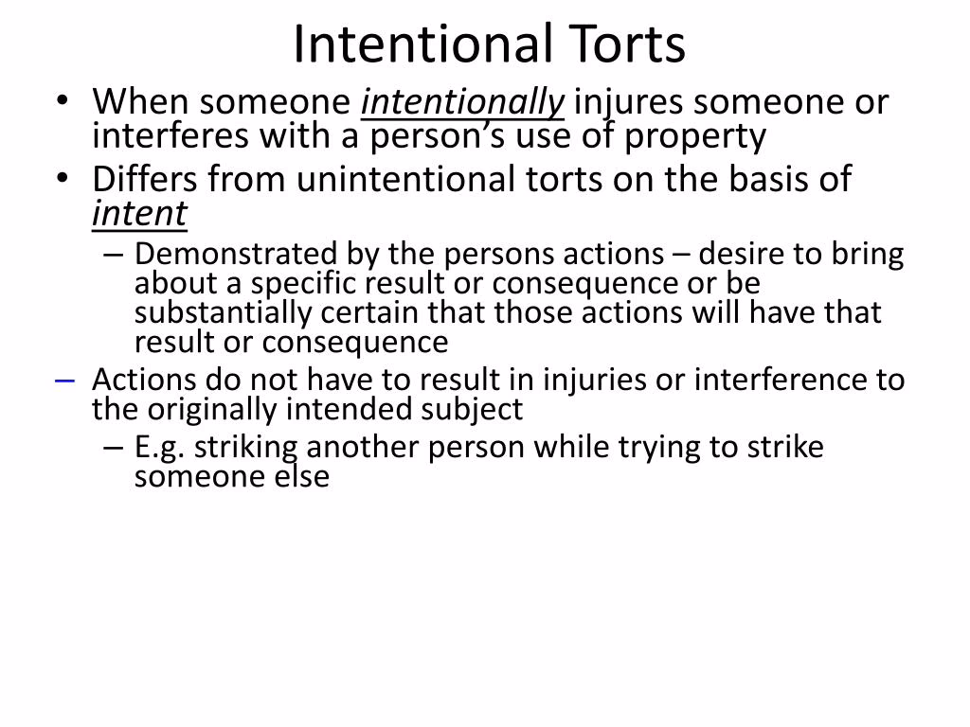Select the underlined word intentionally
[x=462, y=101]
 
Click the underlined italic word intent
[x=139, y=214]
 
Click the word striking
[x=246, y=447]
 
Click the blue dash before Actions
[x=64, y=380]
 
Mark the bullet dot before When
[x=63, y=102]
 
